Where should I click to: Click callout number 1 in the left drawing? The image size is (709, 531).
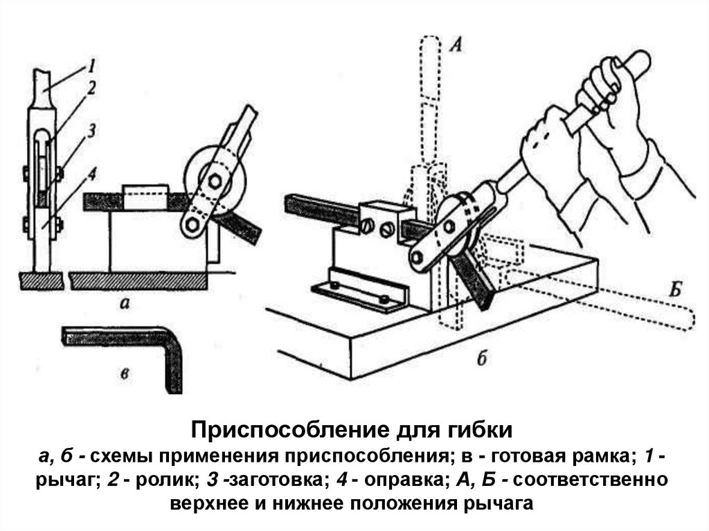[91, 67]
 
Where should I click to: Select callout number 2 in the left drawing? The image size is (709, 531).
[91, 87]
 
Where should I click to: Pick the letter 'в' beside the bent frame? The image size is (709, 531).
[125, 374]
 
